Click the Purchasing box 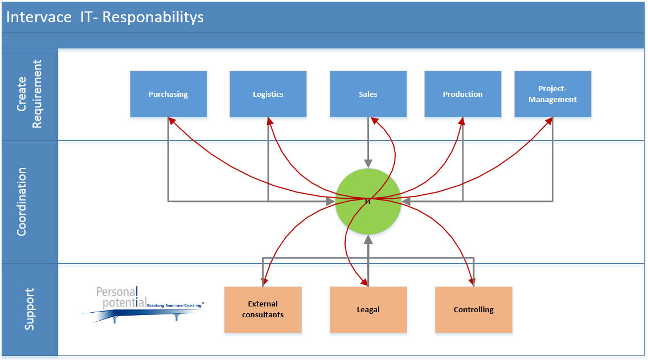point(168,94)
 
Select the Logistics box point(268,94)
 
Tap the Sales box point(368,94)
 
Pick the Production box point(462,94)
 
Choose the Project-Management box point(552,94)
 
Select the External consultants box point(263,309)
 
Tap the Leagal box point(368,309)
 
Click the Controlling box point(473,309)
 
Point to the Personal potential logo point(142,305)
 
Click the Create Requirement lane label point(30,94)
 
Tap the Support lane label point(30,309)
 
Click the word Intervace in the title point(39,17)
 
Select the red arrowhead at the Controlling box point(472,282)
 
